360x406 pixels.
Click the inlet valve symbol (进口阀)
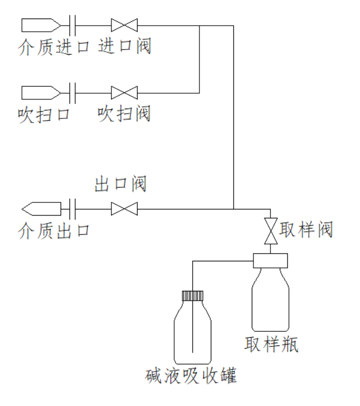[x=124, y=25]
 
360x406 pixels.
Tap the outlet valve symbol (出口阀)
[x=124, y=208]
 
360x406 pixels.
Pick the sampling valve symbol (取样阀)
[x=270, y=231]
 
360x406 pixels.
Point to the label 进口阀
[x=124, y=46]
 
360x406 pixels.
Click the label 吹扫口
[x=44, y=115]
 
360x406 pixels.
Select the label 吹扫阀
[x=124, y=114]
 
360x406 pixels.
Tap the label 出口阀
[x=121, y=184]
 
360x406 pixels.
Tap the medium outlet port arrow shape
[x=41, y=208]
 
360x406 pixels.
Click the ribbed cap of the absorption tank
[x=193, y=296]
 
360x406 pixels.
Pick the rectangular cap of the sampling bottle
[x=270, y=261]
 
